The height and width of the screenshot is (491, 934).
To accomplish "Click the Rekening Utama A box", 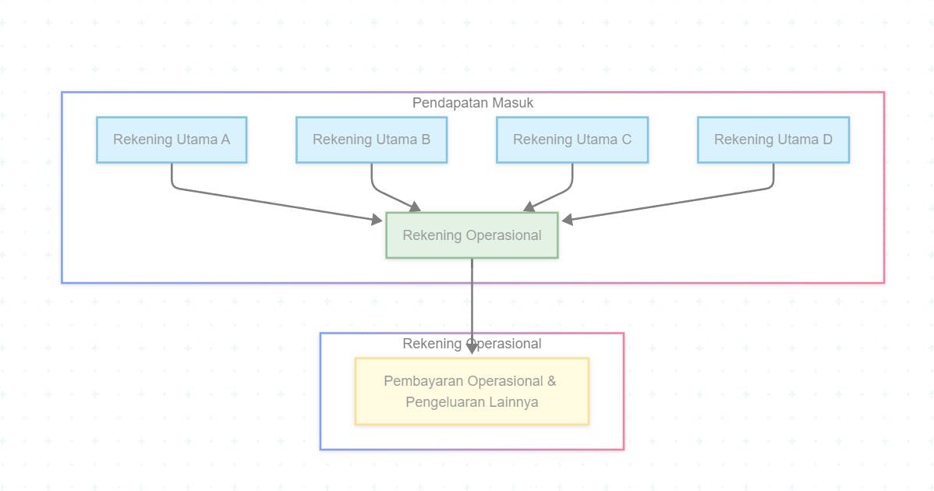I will [172, 140].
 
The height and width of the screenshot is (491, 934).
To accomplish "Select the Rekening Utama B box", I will [371, 140].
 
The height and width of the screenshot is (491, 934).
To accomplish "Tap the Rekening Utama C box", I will [572, 140].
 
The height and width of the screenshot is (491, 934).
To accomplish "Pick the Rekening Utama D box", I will [773, 140].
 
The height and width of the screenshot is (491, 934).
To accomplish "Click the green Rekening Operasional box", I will [472, 235].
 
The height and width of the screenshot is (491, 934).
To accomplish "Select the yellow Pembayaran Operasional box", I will [472, 391].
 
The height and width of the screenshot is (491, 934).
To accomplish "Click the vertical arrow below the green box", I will [472, 304].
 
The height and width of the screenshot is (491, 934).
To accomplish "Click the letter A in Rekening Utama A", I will [225, 140].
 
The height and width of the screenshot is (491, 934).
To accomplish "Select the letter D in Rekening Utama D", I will [827, 140].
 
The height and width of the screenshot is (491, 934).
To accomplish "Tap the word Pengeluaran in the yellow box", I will [443, 403].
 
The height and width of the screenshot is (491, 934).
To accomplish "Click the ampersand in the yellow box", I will [551, 381].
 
